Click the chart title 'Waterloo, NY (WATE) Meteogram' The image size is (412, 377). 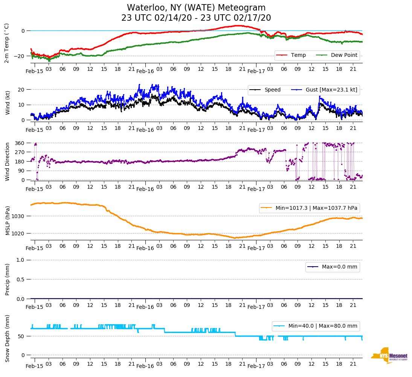coord(196,8)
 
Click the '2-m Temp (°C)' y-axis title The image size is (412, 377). coord(6,43)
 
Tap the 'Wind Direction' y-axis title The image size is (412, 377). coord(8,161)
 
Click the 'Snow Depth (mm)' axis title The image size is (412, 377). coord(8,338)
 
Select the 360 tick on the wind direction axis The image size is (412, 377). coord(20,143)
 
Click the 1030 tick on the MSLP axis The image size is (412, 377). coord(18,216)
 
